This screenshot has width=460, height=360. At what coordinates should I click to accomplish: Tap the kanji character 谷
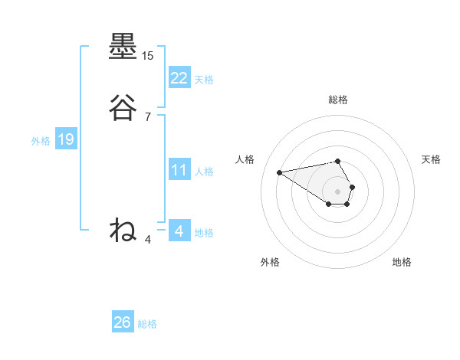pos(123,108)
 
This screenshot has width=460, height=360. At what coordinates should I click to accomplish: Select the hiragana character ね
pos(123,229)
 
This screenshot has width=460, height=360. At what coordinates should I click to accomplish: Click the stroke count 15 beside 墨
pos(148,56)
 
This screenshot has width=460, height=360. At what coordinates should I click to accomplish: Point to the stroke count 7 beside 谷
pos(148,116)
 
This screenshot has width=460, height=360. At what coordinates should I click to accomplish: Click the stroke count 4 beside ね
pos(148,239)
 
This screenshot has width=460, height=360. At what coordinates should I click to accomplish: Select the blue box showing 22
pos(179,77)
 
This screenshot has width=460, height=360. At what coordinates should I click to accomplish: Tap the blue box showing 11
pos(179,170)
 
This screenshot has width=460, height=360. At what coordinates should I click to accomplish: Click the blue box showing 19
pos(65,139)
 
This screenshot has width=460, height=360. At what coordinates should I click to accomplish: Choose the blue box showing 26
pos(122,322)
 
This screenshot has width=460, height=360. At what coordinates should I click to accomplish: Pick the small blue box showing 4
pos(179,231)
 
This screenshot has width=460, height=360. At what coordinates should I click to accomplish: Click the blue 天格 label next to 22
pos(204,79)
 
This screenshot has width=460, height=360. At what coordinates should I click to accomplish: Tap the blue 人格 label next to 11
pos(204,172)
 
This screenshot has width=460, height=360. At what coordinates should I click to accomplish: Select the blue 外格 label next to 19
pos(40,140)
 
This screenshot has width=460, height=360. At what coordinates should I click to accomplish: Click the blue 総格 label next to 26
pos(147,324)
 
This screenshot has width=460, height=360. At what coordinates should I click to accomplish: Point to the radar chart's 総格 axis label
pos(338,100)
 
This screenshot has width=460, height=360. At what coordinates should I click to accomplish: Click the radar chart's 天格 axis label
pos(431,159)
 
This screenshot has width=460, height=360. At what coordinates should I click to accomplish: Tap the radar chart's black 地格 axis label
pos(402,262)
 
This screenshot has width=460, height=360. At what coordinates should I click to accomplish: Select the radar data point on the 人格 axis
pos(280,172)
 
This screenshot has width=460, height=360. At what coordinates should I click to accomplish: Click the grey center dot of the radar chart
pos(338,191)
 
